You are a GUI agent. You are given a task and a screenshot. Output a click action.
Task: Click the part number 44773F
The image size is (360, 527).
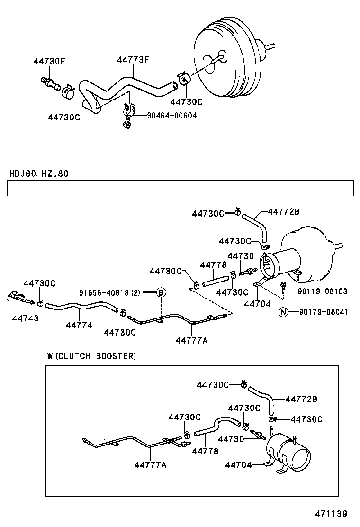tap(133, 60)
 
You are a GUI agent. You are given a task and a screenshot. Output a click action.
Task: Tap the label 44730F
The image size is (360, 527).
tap(49, 61)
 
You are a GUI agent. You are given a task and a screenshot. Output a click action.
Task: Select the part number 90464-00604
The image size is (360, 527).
tap(165, 116)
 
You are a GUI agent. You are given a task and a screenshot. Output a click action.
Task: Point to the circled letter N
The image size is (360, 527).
tap(283, 311)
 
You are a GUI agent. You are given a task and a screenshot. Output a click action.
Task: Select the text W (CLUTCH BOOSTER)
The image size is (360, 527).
tap(91, 356)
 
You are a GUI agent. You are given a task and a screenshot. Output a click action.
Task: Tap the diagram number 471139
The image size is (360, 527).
tap(332, 514)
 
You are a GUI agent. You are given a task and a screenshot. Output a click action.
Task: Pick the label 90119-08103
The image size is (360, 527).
tap(323, 291)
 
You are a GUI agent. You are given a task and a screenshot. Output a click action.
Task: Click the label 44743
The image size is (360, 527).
tap(25, 318)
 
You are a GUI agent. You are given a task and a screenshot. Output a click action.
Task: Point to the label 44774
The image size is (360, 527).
tap(79, 325)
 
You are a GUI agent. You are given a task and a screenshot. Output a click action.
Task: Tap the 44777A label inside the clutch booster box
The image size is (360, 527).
tap(150, 465)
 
